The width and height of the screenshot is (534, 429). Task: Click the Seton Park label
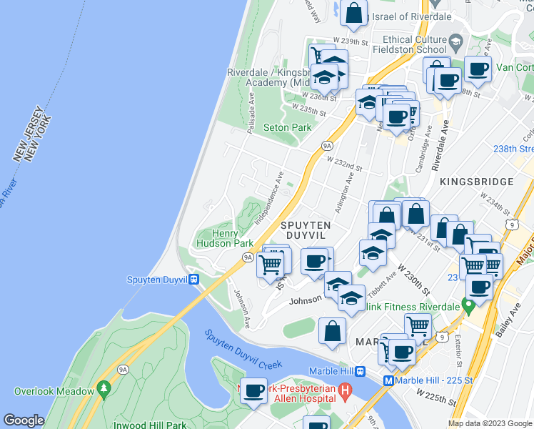tap(287, 127)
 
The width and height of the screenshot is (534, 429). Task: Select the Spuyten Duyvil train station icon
tap(194, 280)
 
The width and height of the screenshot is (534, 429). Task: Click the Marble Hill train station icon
tap(361, 370)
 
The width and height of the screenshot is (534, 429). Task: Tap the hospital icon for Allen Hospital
tap(346, 391)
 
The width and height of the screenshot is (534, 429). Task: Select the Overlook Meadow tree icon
tap(104, 390)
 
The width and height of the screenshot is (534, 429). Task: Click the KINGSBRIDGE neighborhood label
tap(476, 182)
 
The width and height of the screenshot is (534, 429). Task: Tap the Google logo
tap(24, 420)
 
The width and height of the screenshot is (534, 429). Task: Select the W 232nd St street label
tap(346, 165)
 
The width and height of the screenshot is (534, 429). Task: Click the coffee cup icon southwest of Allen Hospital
tap(254, 391)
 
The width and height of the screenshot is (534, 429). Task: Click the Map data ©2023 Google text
tap(490, 423)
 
